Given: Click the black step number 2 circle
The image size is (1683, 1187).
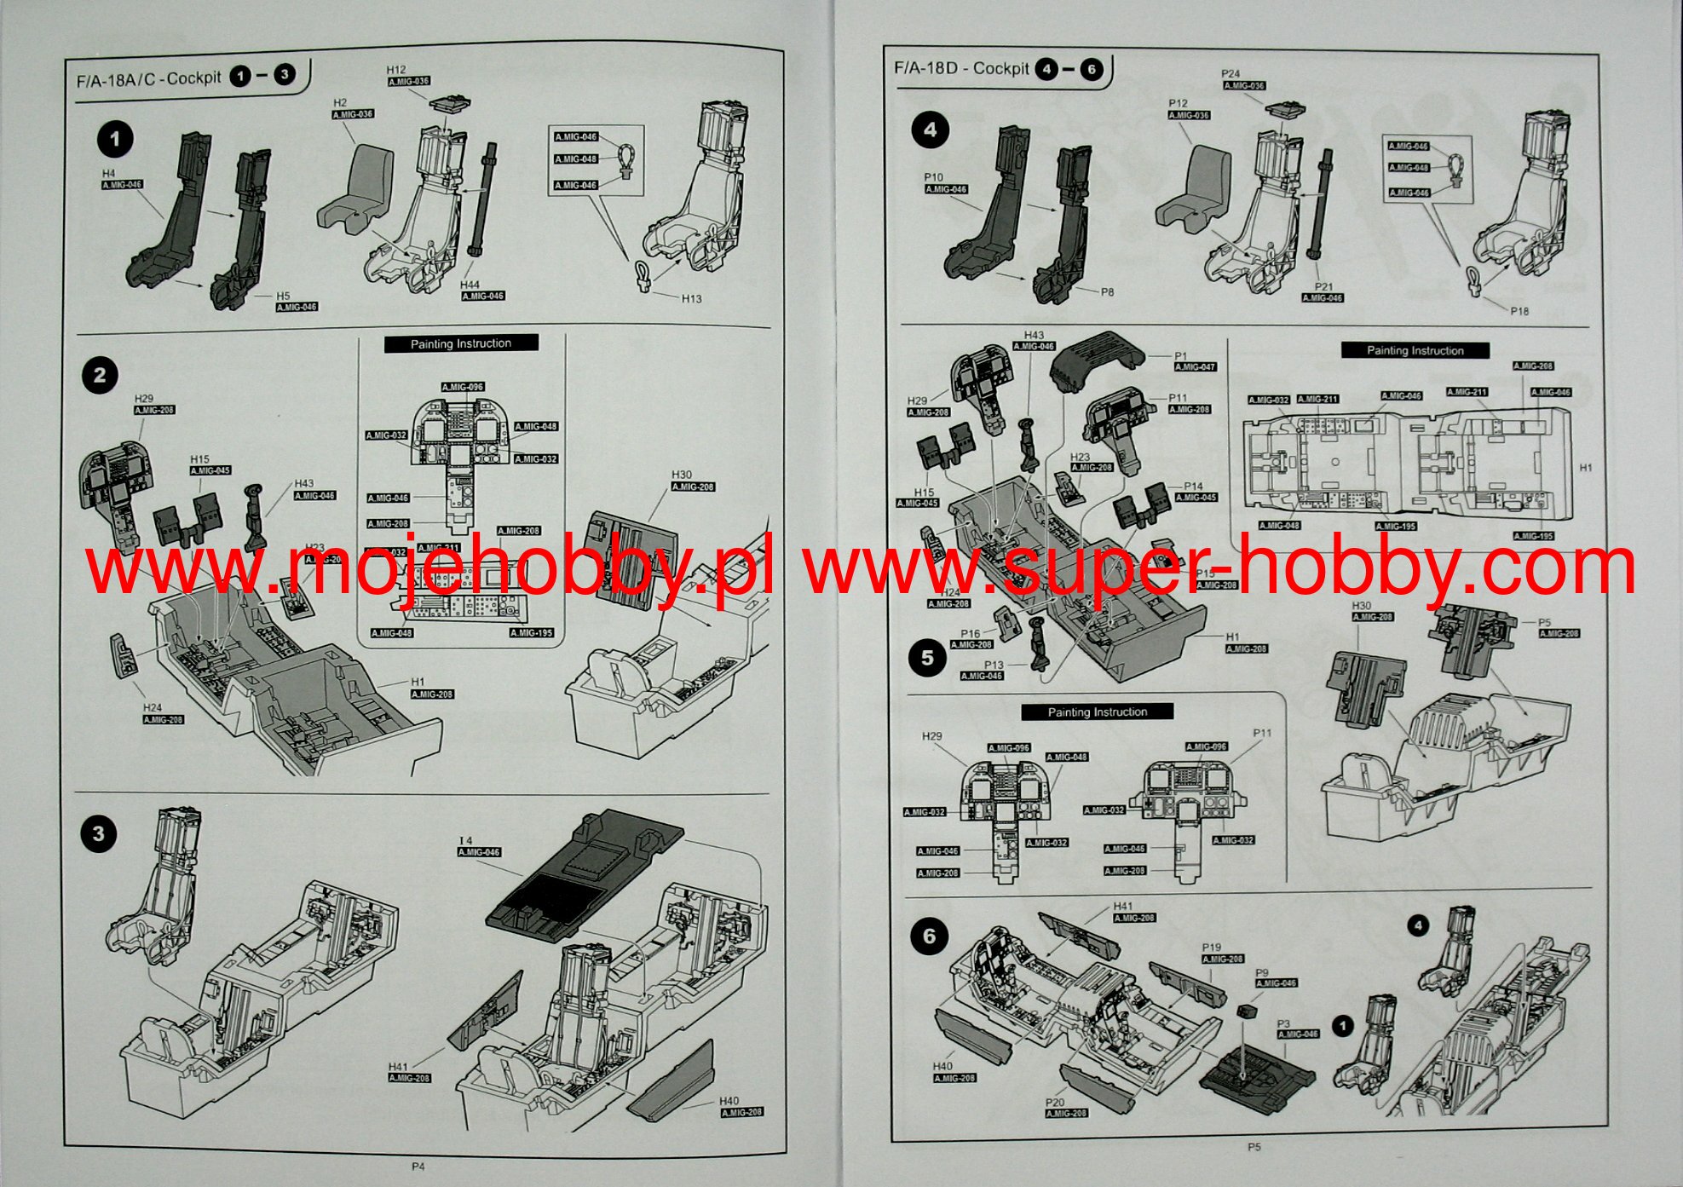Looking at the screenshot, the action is pos(100,375).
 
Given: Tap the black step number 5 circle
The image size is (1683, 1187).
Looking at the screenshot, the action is pos(927,658).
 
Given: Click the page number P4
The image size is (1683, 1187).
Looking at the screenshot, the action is pos(418,1167).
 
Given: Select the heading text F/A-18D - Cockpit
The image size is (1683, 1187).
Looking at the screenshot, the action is pos(961,68).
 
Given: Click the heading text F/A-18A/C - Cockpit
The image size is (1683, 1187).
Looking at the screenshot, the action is pos(148,79).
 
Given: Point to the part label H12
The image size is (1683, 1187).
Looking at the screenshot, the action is pos(396,70).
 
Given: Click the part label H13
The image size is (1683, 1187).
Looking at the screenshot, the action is pos(691,299).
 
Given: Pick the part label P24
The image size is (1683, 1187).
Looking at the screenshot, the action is pos(1231,74).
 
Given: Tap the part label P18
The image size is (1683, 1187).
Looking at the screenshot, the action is pos(1519,311).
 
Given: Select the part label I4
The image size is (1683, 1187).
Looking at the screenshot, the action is pos(465,841).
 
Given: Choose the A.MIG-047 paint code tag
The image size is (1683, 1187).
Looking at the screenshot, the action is pos(1195,367).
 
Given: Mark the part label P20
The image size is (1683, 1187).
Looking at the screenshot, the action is pos(1055,1102).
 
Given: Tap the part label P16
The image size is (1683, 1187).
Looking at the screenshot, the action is pos(970,634).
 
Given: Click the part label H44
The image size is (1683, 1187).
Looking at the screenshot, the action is pos(470,285).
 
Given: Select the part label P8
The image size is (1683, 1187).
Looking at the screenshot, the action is pos(1107,292).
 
